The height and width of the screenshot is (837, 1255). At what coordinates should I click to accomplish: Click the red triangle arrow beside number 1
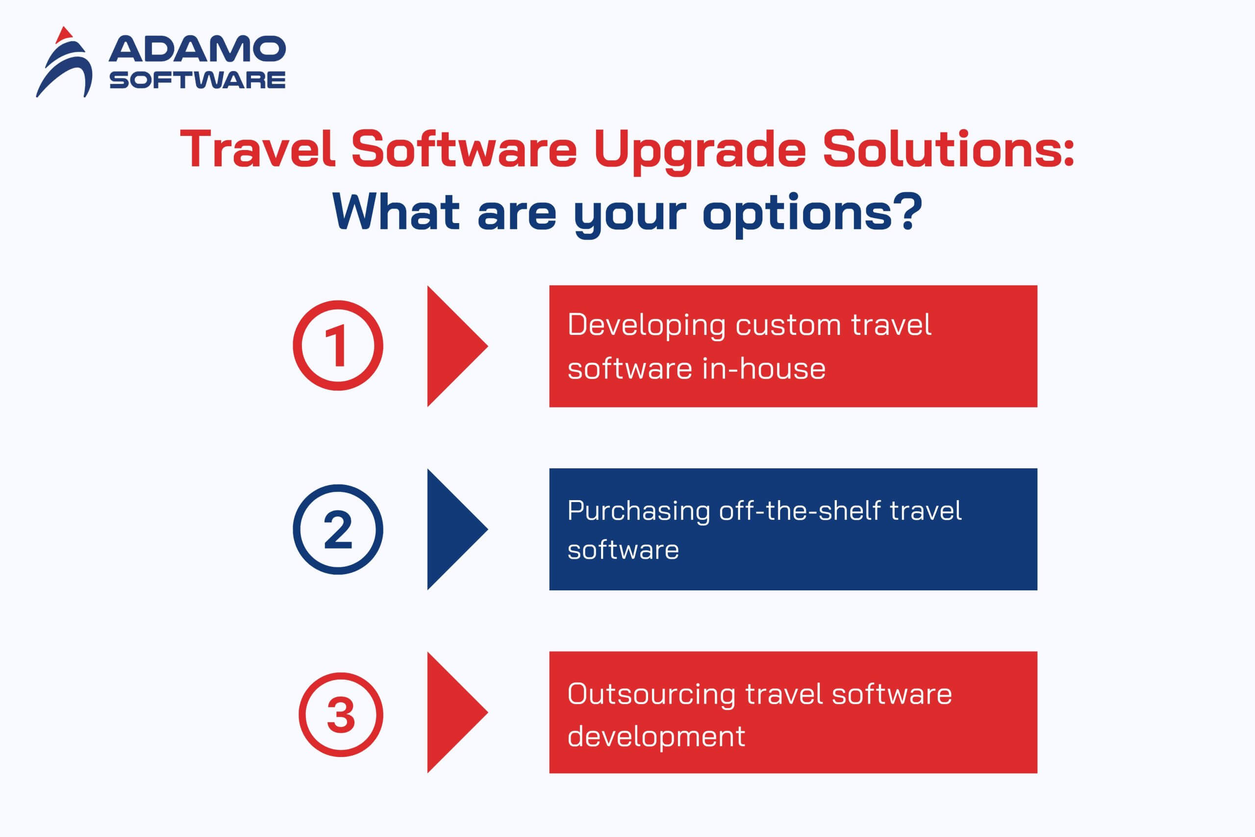click(x=457, y=346)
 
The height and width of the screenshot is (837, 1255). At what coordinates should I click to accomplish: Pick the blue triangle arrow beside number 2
click(x=457, y=529)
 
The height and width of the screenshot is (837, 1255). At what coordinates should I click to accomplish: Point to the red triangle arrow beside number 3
click(x=457, y=712)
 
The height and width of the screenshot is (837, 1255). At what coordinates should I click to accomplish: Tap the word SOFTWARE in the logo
click(x=198, y=80)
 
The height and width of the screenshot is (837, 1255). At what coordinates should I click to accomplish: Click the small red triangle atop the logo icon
click(x=64, y=34)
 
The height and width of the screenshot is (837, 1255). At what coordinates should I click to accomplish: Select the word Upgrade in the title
click(x=700, y=151)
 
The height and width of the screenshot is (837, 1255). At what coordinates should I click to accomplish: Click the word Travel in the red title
click(x=258, y=149)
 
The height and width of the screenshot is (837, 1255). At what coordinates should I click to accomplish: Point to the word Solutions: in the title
click(x=948, y=149)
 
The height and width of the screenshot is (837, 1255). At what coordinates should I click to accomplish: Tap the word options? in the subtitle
click(x=812, y=215)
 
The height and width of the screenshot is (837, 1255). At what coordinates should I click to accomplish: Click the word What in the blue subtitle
click(x=396, y=212)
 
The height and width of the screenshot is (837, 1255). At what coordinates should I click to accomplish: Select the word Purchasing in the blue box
click(x=639, y=512)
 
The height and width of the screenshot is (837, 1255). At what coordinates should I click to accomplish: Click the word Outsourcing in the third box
click(x=652, y=696)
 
